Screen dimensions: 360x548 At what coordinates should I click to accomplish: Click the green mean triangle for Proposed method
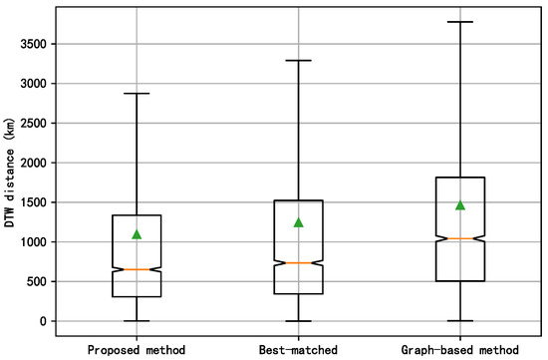[x=137, y=234]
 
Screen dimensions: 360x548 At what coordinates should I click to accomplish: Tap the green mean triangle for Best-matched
[x=298, y=222]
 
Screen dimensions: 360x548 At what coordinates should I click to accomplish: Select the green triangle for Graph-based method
[x=459, y=205]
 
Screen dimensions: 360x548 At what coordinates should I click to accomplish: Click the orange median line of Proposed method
[x=137, y=269]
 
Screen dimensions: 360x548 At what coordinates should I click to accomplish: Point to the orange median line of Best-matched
[x=298, y=263]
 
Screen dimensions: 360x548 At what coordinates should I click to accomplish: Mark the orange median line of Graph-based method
[x=459, y=238]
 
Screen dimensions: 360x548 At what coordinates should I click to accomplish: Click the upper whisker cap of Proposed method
[x=137, y=94]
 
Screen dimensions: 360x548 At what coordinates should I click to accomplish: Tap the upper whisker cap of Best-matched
[x=298, y=60]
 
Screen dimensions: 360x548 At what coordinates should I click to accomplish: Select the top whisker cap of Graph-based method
[x=459, y=22]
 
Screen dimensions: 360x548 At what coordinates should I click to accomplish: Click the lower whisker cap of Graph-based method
[x=459, y=321]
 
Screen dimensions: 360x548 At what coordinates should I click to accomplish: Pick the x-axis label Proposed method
[x=137, y=349]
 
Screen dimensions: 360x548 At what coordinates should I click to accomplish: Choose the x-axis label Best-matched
[x=298, y=349]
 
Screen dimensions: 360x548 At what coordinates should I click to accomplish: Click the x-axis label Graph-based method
[x=459, y=349]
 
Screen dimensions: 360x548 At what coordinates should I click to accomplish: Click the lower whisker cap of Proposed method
[x=137, y=321]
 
